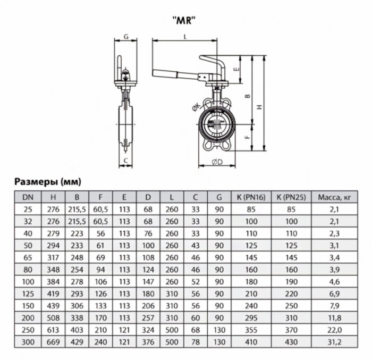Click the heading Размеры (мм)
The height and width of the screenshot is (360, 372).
(47, 181)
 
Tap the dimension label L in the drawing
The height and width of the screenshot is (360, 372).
(184, 37)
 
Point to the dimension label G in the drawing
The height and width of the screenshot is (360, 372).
(125, 37)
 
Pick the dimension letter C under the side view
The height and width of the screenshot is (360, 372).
(125, 160)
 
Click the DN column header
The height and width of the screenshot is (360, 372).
(27, 197)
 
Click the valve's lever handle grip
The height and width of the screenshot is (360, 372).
(171, 73)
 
